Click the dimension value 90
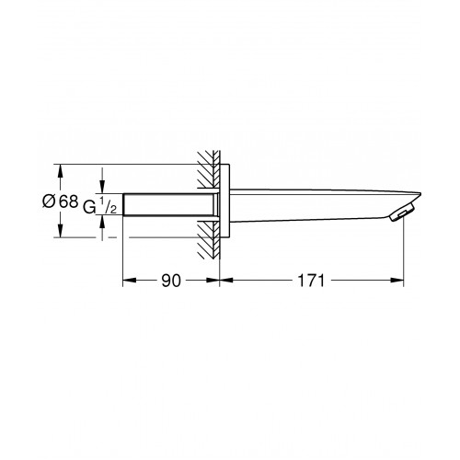point(171,281)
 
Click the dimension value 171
point(311,281)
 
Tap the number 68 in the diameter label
point(69,201)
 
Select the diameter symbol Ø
point(49,201)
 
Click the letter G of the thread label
point(89,207)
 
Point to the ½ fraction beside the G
point(108,206)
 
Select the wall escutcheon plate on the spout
point(224,201)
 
